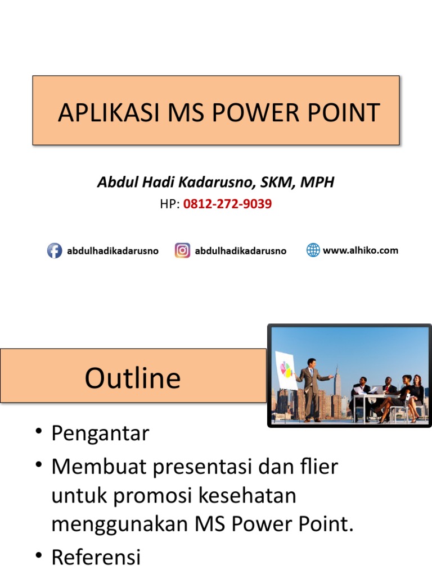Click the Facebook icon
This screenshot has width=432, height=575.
click(x=54, y=250)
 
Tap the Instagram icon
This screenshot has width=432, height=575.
click(x=182, y=250)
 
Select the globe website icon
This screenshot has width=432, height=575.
click(x=313, y=250)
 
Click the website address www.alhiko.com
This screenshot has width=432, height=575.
click(x=360, y=250)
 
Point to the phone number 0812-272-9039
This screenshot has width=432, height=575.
click(x=227, y=204)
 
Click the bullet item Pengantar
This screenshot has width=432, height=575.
click(x=100, y=433)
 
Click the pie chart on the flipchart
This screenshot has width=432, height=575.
click(x=286, y=369)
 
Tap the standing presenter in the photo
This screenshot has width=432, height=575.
click(x=311, y=387)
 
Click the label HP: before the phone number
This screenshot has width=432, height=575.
click(x=170, y=204)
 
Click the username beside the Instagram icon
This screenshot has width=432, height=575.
click(x=240, y=251)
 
